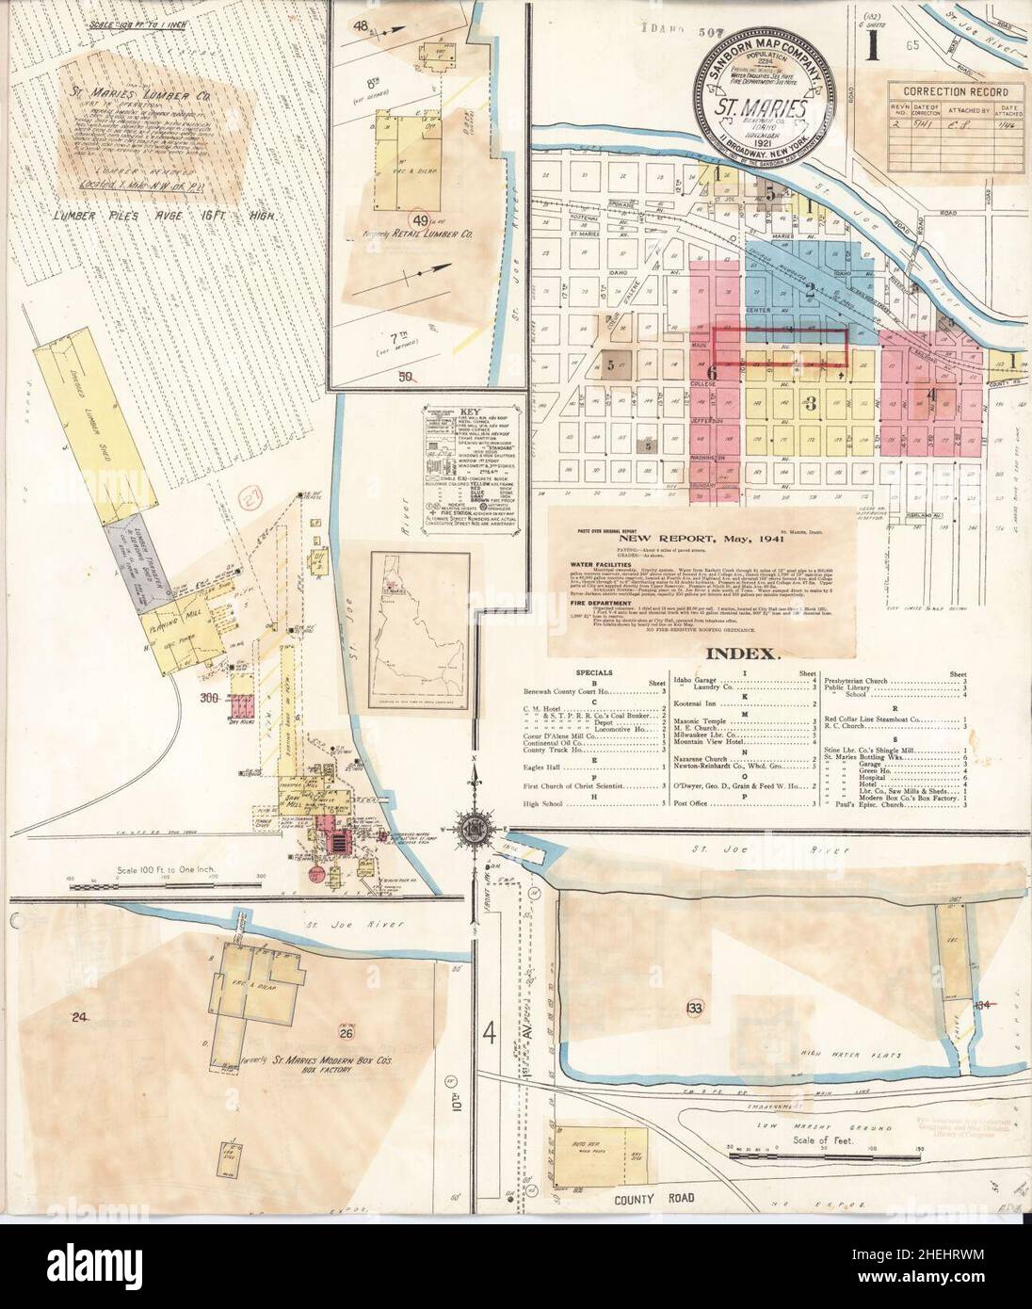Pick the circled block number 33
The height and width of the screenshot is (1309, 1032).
click(695, 1009)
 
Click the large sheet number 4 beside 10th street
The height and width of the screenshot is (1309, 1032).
click(489, 1037)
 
